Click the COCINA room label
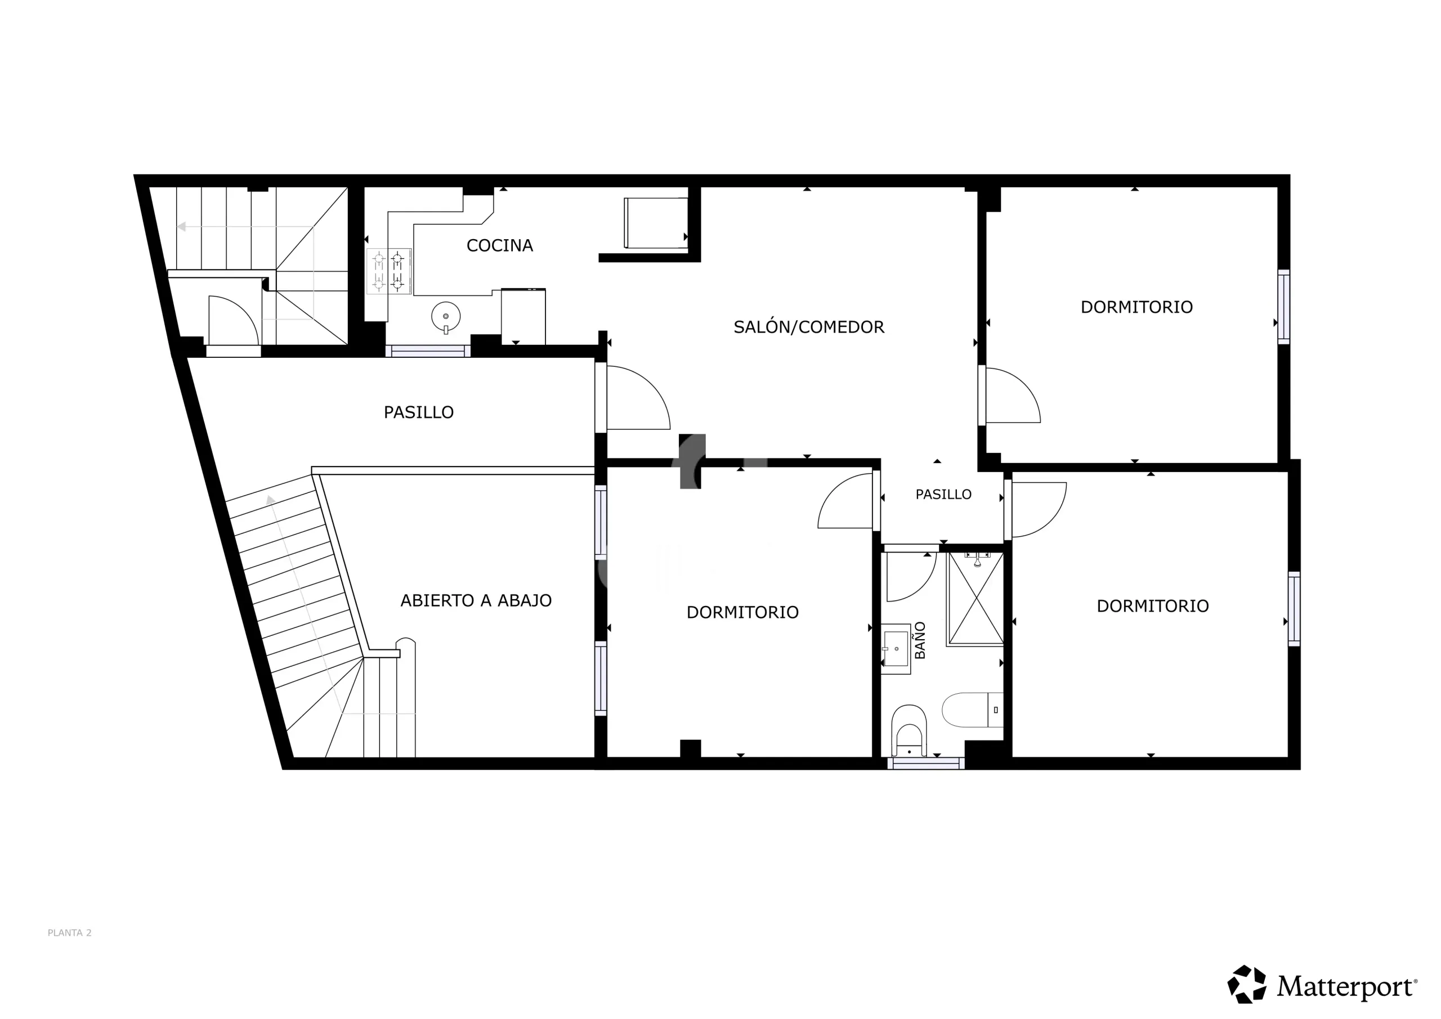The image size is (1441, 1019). point(500,245)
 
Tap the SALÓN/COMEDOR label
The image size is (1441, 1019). point(809,326)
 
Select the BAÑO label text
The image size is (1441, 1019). point(920,640)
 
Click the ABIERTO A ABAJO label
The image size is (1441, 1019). point(476,600)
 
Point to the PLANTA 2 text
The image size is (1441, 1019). point(70,933)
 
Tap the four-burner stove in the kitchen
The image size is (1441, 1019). point(388,271)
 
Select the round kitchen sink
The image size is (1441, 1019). point(446,317)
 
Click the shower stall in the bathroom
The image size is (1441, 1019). point(975,599)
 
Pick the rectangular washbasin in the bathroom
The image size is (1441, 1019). point(896,649)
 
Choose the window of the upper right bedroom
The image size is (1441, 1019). point(1284,307)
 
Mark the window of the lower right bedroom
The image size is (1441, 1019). point(1294,609)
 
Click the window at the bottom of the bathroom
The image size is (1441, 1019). point(926,763)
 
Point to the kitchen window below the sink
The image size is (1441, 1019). point(428,351)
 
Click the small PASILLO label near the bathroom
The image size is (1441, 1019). point(943,495)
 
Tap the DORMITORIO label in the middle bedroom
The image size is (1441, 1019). point(742,612)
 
